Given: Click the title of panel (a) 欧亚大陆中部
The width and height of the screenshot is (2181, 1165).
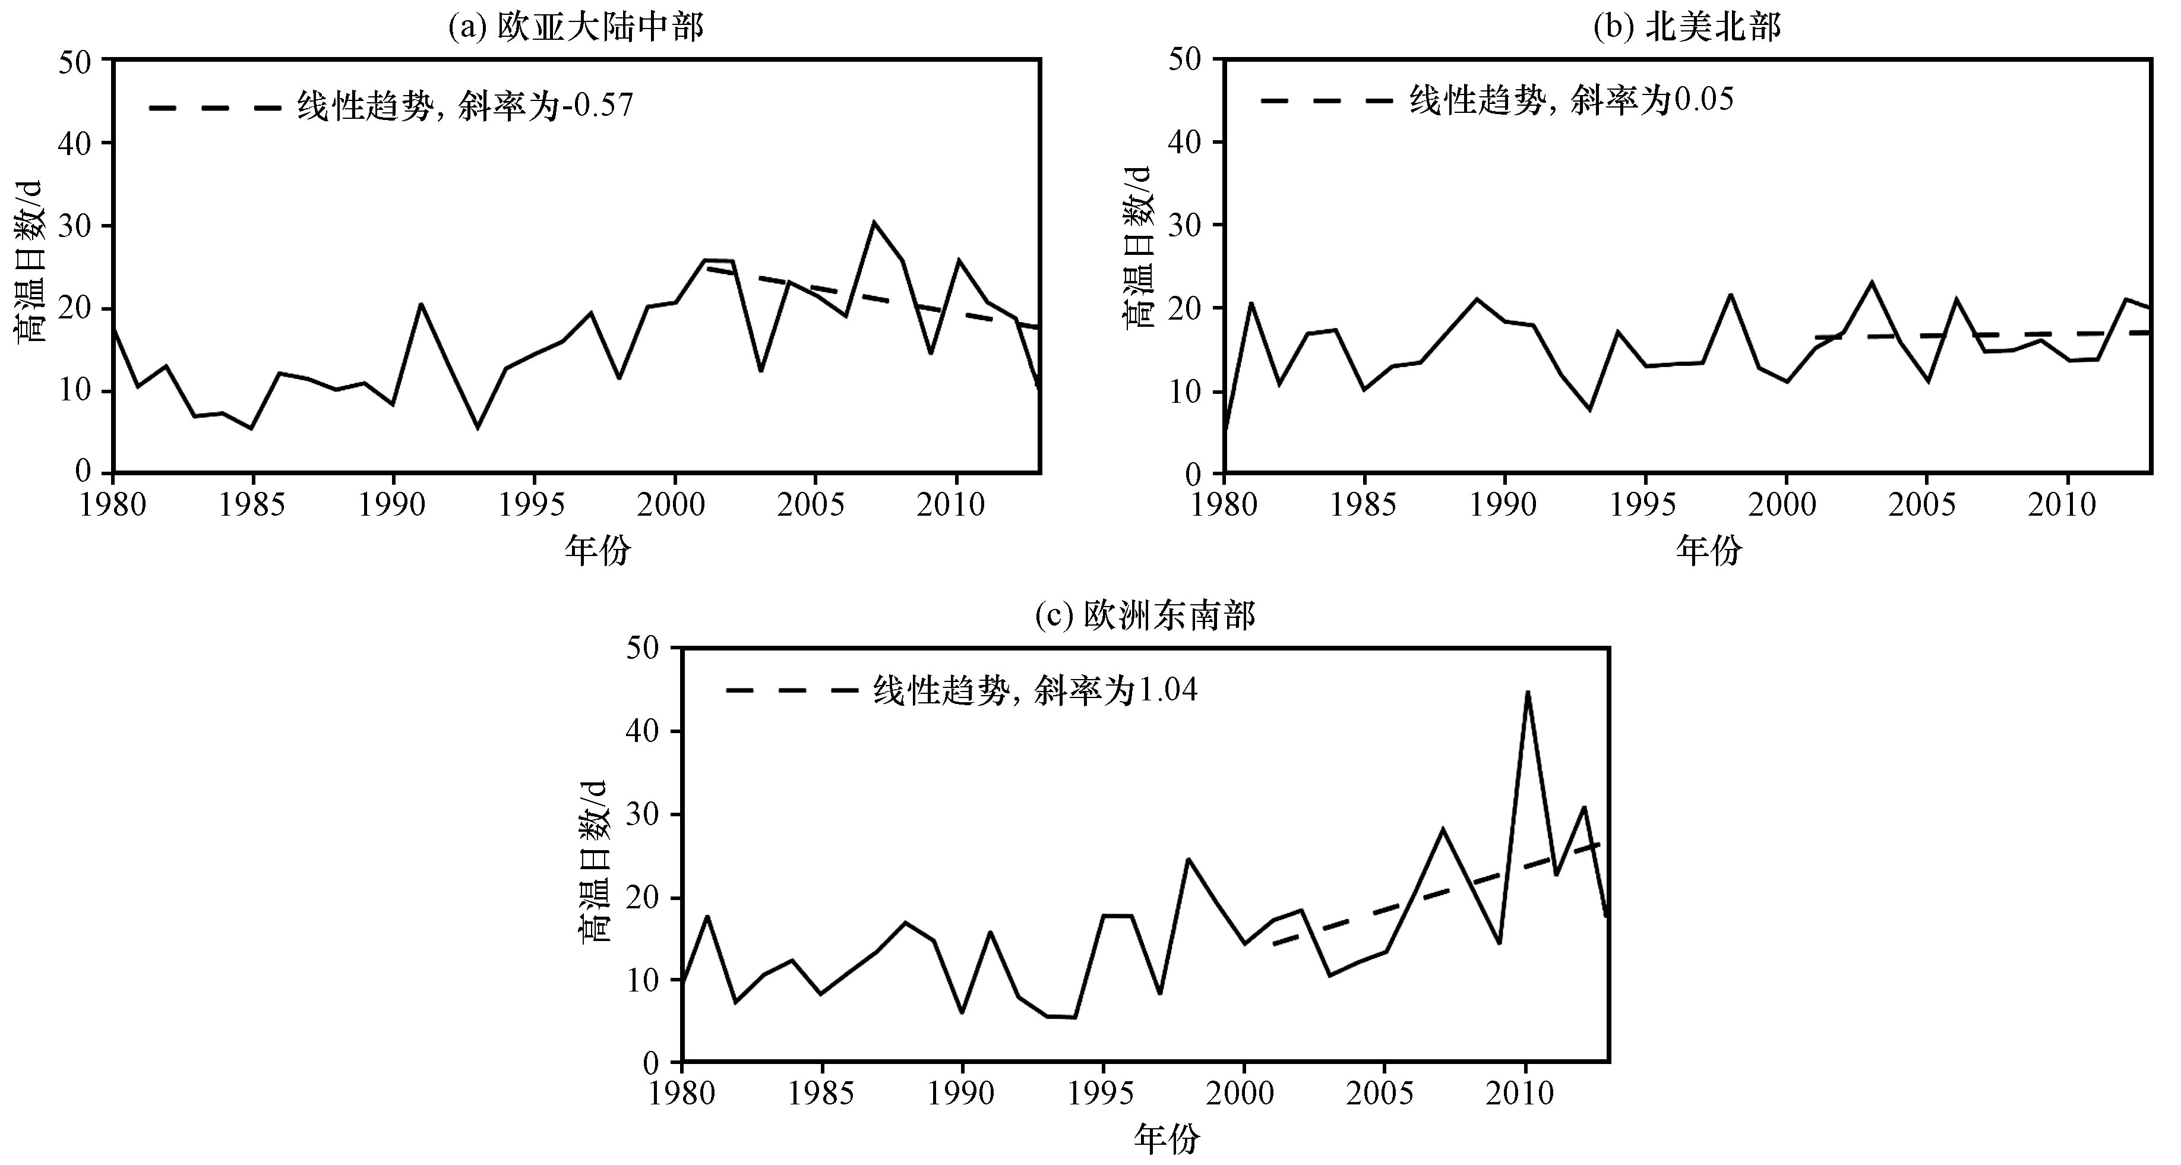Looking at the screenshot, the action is click(x=576, y=27).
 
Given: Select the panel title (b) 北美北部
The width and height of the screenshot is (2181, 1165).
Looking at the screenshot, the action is click(x=1687, y=27).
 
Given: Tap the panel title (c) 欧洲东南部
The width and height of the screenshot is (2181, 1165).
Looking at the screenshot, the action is click(x=1145, y=615).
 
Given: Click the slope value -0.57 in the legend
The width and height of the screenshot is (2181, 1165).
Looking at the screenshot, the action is click(x=597, y=105).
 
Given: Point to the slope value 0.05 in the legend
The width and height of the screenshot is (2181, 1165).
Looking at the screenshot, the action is click(x=1702, y=99).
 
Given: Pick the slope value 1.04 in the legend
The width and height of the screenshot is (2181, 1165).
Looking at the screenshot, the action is click(x=1166, y=691).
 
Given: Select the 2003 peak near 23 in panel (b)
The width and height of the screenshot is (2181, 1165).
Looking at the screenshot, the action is click(x=1871, y=282).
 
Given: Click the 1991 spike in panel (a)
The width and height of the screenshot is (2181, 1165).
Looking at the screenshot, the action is click(x=421, y=304).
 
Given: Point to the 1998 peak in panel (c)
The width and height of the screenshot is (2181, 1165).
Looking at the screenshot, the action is click(x=1188, y=860).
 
